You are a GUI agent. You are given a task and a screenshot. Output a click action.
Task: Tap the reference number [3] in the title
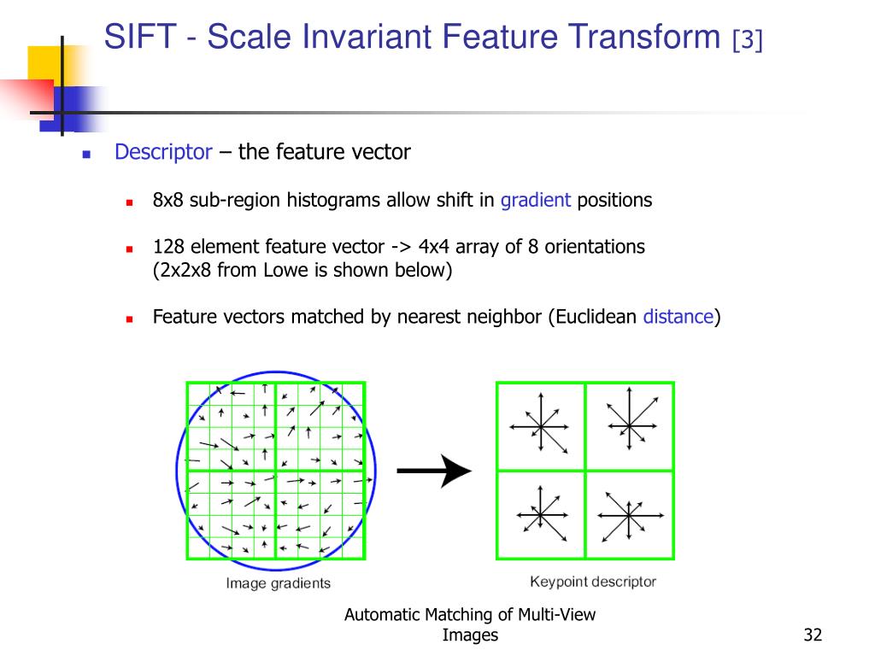[x=747, y=40]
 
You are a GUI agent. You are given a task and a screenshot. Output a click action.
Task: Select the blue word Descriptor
[x=163, y=152]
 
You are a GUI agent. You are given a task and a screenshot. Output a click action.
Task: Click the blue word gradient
[x=536, y=201]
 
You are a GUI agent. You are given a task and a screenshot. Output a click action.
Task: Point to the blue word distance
[x=678, y=317]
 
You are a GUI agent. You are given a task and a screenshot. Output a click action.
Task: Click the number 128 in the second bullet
[x=168, y=247]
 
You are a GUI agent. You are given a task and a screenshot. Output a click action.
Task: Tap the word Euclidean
[x=595, y=317]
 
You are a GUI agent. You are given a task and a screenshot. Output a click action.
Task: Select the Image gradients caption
[x=278, y=584]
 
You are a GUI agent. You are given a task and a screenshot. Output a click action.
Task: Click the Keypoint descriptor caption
[x=593, y=583]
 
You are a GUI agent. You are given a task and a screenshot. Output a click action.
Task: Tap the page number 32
[x=812, y=635]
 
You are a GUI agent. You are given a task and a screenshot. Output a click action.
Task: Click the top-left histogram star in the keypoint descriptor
[x=540, y=425]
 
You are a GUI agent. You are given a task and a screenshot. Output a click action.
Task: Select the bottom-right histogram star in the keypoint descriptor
[x=629, y=515]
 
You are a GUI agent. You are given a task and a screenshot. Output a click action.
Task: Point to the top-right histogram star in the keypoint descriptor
[x=629, y=424]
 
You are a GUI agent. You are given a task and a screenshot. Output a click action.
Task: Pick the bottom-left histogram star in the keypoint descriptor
[x=540, y=514]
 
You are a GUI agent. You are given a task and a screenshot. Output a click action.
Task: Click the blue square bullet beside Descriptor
[x=86, y=155]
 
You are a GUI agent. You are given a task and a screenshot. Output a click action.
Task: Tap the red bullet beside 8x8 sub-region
[x=130, y=202]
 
